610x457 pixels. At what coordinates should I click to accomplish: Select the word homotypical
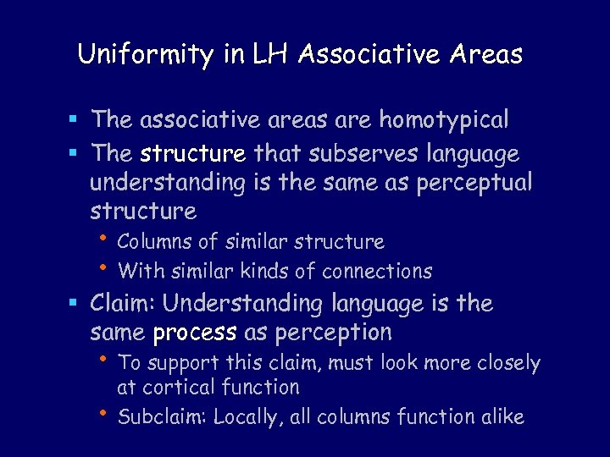coord(444,120)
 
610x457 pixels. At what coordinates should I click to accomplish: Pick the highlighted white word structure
coord(193,154)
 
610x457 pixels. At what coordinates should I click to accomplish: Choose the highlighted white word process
coord(195,333)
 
